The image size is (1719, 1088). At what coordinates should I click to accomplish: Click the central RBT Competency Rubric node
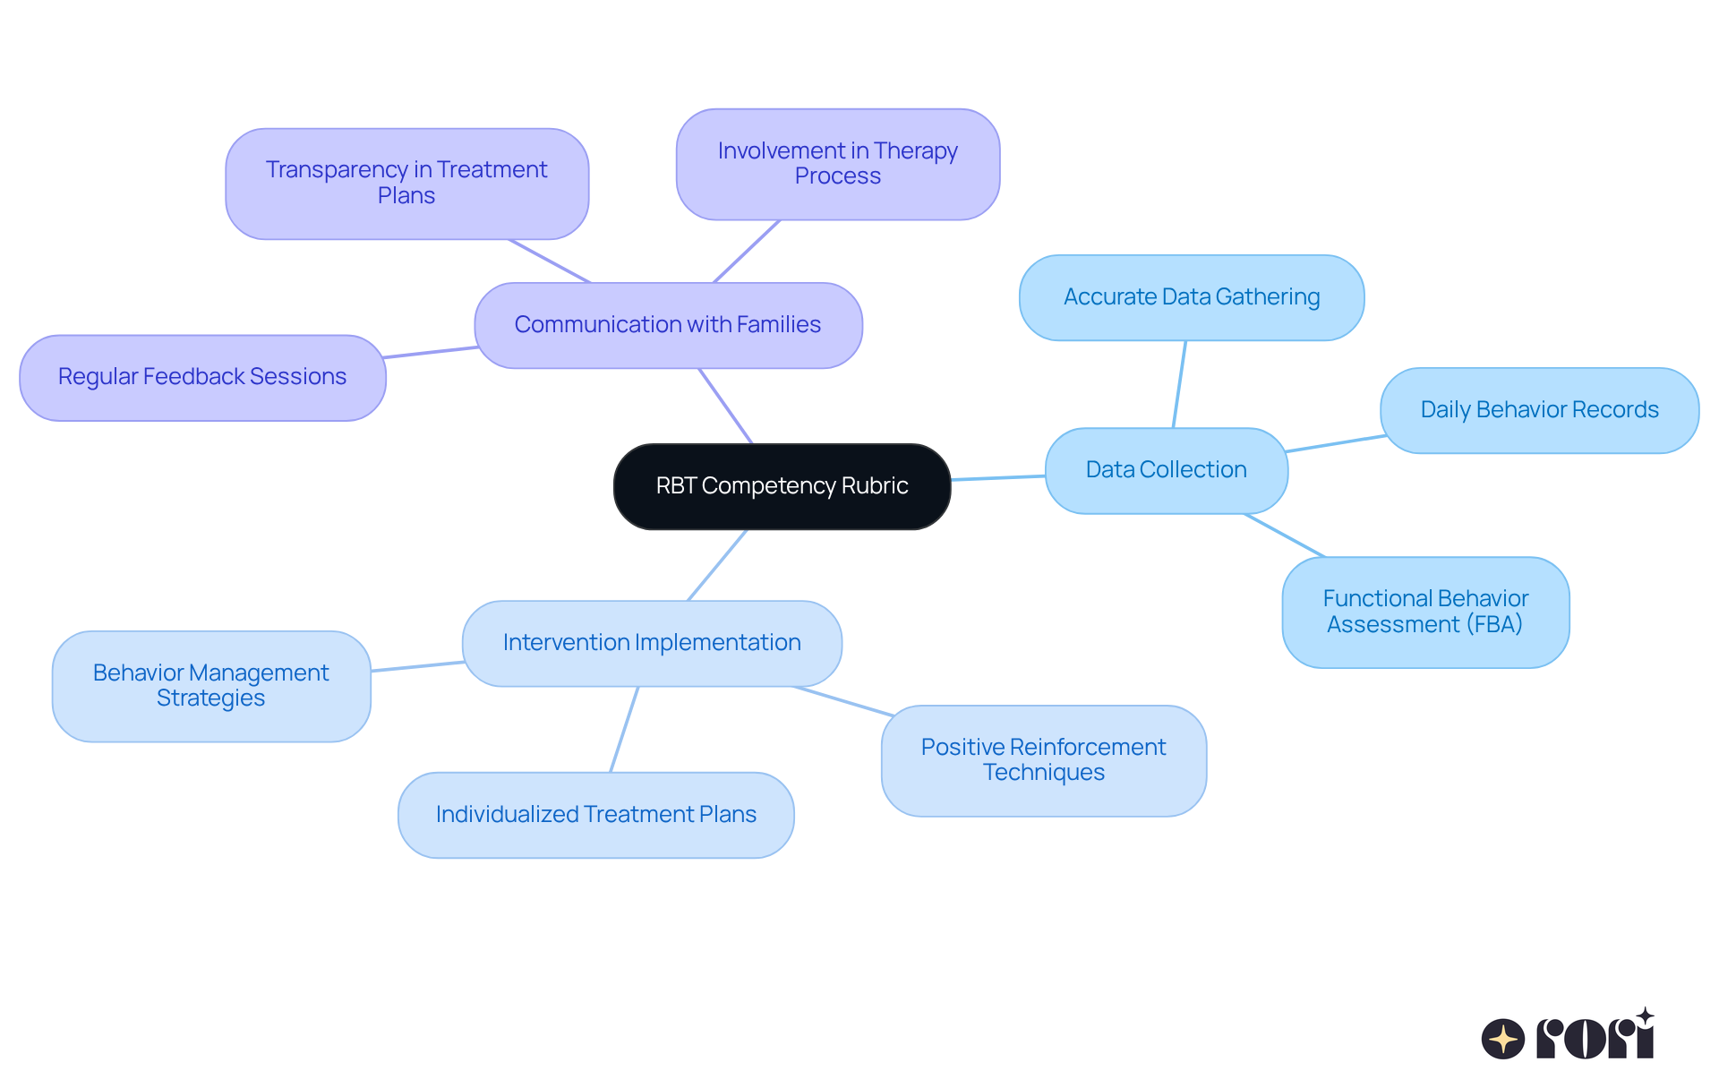click(x=782, y=486)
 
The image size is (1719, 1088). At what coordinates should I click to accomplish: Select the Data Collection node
click(x=1166, y=470)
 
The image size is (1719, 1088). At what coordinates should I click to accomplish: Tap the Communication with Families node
click(x=667, y=325)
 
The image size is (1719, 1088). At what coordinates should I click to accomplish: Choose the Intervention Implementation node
click(x=651, y=643)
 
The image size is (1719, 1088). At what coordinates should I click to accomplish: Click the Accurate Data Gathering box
click(x=1191, y=297)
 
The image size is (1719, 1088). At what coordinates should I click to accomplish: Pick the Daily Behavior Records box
click(x=1538, y=410)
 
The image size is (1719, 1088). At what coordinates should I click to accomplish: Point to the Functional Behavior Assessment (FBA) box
click(x=1424, y=612)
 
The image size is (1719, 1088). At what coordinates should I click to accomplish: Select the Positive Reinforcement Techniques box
click(x=1043, y=760)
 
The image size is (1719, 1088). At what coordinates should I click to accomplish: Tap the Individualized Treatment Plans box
click(x=595, y=815)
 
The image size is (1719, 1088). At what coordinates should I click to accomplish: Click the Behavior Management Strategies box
click(x=210, y=686)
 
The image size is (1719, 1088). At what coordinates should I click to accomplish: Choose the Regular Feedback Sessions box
click(x=201, y=377)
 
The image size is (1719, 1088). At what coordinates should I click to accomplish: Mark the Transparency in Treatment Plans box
click(x=406, y=183)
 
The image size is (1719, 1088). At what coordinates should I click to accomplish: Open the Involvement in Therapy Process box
click(x=837, y=164)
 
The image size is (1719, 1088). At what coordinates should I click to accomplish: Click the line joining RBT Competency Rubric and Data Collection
click(x=997, y=478)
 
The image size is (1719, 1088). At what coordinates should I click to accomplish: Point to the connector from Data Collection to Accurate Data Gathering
click(x=1179, y=384)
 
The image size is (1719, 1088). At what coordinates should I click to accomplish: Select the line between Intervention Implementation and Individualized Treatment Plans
click(x=624, y=730)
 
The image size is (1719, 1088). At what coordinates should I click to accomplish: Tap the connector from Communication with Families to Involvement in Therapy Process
click(x=747, y=252)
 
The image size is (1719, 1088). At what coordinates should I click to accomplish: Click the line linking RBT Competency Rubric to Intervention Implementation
click(x=717, y=565)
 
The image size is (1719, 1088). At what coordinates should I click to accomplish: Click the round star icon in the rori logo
click(x=1502, y=1039)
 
